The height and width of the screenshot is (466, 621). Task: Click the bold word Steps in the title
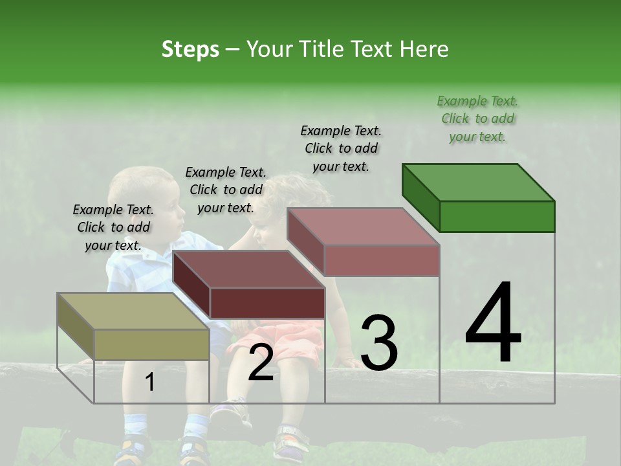pos(190,49)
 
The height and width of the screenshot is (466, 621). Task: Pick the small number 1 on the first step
pos(150,383)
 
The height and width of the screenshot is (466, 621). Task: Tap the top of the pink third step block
pos(362,227)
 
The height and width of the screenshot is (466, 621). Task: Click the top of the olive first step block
pos(133,311)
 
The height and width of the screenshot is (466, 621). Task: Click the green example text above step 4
pos(477,118)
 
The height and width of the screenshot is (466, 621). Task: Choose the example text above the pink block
pos(341,148)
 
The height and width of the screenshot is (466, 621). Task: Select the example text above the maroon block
pos(226,190)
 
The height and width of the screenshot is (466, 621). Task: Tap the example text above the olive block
pos(113,227)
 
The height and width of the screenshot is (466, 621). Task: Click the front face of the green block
pos(497,216)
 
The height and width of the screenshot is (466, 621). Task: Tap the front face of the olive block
pos(151,344)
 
